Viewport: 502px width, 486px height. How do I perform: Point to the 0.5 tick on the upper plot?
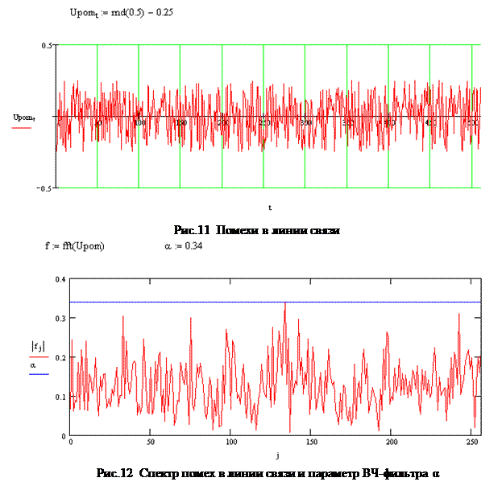[x=48, y=45]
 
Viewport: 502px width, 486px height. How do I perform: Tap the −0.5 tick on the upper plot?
[x=46, y=187]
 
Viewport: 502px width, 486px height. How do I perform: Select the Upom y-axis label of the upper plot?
[x=23, y=117]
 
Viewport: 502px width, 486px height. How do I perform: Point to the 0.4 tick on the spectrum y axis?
[x=59, y=279]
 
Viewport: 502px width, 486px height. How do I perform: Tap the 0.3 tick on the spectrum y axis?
[x=59, y=319]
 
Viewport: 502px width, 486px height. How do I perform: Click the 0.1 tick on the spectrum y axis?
[x=59, y=397]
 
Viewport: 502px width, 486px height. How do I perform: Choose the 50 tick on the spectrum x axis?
[x=151, y=443]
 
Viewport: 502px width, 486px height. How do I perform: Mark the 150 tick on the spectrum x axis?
[x=310, y=443]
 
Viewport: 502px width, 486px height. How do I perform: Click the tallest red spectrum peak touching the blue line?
[x=284, y=304]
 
